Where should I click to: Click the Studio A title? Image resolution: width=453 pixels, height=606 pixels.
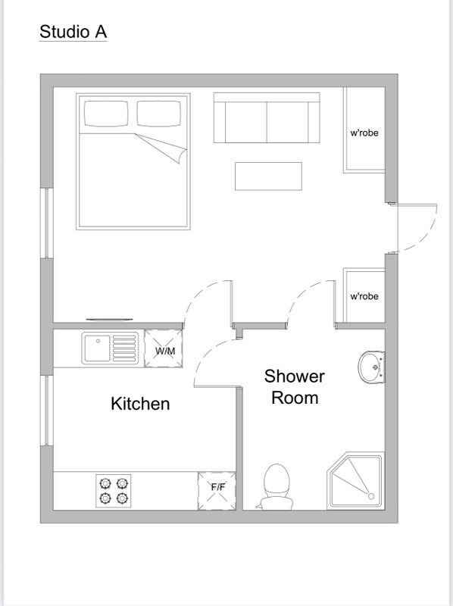[x=73, y=32]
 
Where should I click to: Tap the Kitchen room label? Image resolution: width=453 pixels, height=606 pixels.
[x=140, y=404]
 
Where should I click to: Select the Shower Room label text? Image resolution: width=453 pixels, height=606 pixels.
[x=295, y=387]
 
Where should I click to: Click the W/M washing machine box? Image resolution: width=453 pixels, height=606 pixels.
[x=164, y=348]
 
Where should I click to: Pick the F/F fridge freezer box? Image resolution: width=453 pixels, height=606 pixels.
[x=217, y=491]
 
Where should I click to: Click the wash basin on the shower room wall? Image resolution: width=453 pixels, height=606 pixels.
[x=371, y=367]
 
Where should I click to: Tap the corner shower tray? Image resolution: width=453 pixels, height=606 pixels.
[x=355, y=481]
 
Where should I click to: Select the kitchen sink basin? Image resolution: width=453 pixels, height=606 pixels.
[x=97, y=348]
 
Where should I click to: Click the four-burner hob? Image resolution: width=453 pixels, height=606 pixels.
[x=114, y=491]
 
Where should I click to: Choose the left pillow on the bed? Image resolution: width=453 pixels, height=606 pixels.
[x=106, y=114]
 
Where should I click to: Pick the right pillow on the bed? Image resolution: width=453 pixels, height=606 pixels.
[x=159, y=114]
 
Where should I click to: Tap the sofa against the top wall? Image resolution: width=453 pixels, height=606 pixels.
[x=267, y=117]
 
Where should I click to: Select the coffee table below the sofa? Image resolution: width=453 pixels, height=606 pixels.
[x=269, y=176]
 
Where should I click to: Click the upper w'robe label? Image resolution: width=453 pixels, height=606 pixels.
[x=364, y=133]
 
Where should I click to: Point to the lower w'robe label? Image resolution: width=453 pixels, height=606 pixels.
[x=364, y=296]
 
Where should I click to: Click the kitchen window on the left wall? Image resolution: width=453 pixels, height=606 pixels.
[x=47, y=410]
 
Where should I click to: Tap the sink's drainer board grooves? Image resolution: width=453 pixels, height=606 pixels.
[x=124, y=348]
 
